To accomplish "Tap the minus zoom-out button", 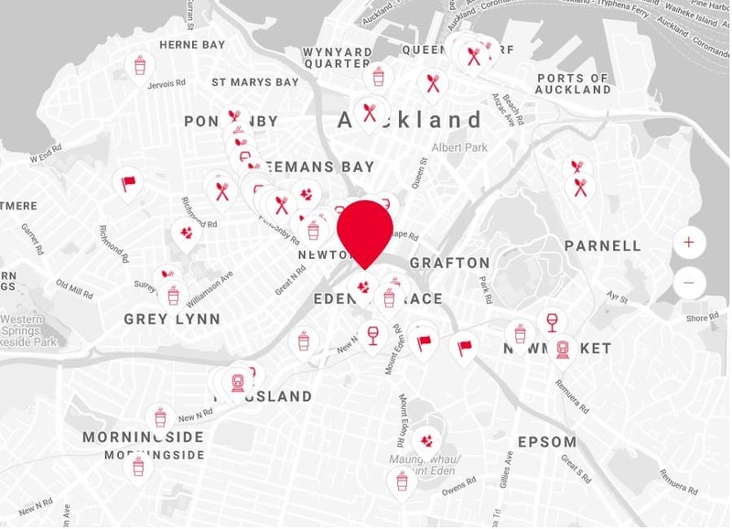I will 689,283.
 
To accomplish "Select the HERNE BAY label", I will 192,45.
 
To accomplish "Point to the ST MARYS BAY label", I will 255,82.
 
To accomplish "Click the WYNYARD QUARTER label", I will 339,58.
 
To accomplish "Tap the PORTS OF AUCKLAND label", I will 574,84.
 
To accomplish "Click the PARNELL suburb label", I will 603,245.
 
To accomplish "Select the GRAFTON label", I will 449,263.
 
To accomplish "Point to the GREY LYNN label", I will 172,318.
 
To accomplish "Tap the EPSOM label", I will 547,441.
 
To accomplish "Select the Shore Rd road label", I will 703,318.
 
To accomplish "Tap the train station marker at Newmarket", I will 563,349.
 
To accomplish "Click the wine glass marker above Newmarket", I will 551,321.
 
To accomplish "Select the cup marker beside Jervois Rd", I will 139,65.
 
